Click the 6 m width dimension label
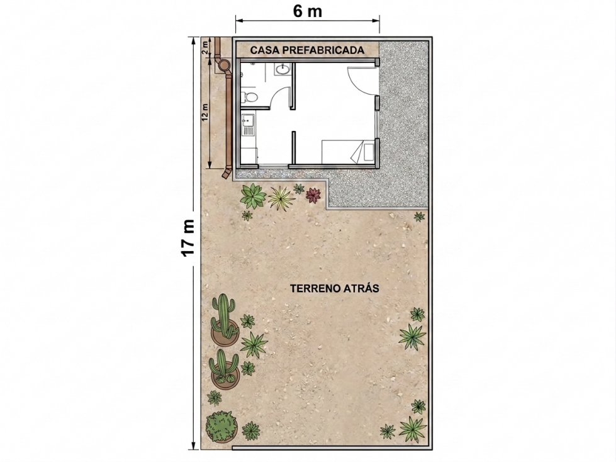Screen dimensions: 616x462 coord(307,11)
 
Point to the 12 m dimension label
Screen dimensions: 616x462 coord(204,111)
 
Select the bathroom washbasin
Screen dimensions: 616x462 coord(282,69)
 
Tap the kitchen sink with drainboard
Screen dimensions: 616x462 coord(248,125)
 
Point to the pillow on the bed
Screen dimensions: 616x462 coord(368,152)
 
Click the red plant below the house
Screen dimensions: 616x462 coord(313,195)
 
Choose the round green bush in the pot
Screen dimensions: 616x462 coord(221,427)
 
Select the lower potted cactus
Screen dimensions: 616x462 coord(225,369)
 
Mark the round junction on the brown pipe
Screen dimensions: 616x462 coord(225,65)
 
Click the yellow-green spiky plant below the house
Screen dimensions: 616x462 coord(281,198)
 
